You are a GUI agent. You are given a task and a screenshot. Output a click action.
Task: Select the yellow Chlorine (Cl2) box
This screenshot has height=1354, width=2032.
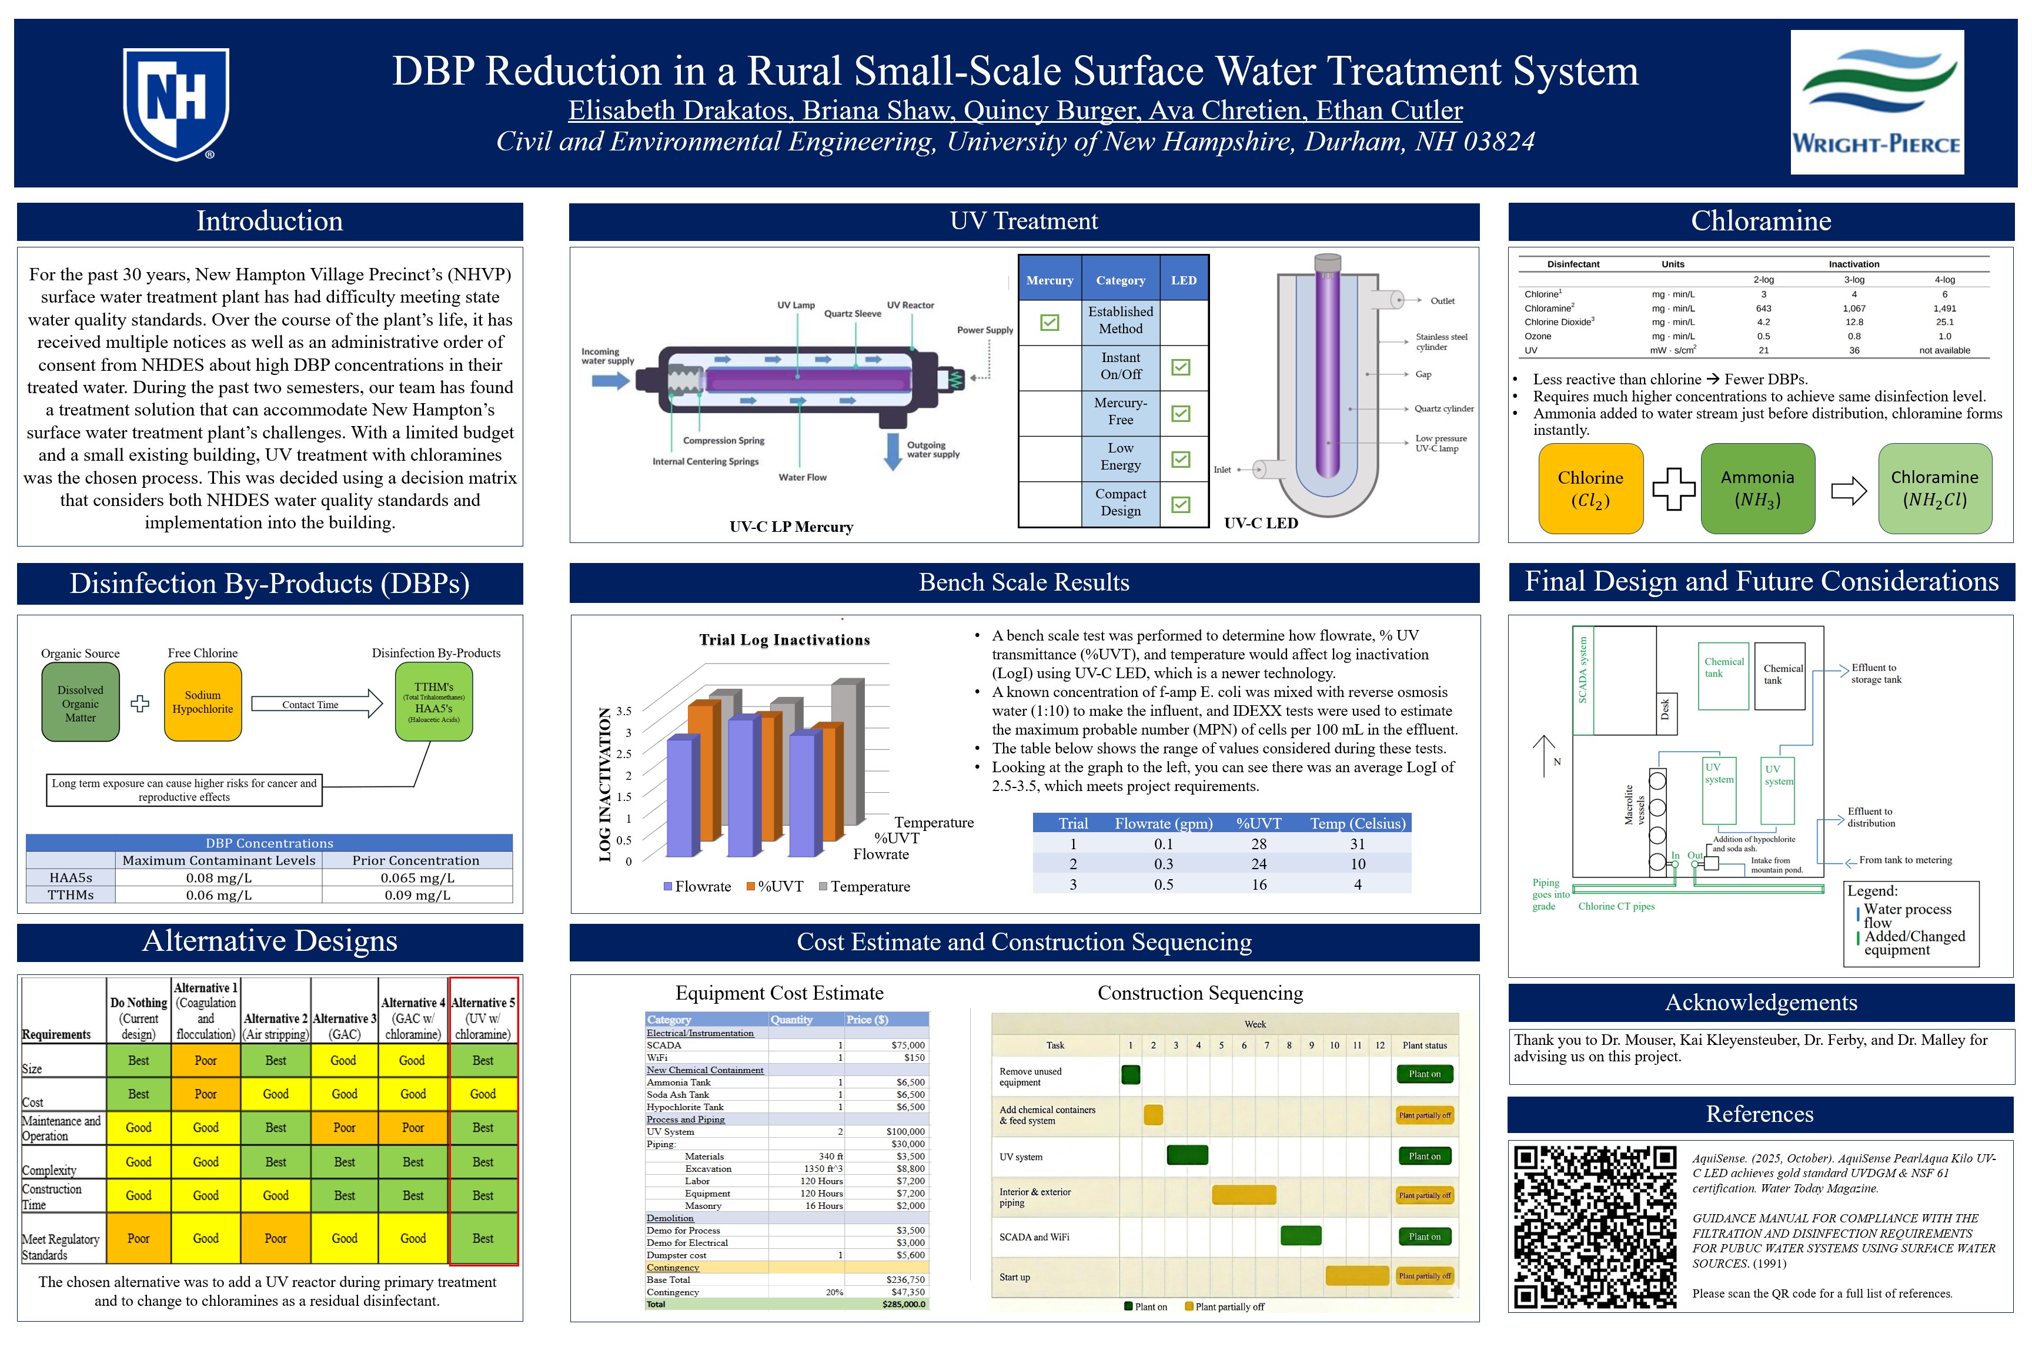point(1590,489)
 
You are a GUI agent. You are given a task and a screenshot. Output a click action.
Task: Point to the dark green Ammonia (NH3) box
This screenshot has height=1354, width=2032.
point(1757,489)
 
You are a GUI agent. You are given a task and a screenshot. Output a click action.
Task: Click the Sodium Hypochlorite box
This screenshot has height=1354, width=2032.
point(202,702)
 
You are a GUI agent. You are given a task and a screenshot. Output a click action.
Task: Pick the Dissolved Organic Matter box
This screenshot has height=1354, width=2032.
point(81,703)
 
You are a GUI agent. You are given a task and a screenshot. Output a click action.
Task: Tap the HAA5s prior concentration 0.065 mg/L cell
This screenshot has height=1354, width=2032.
point(416,877)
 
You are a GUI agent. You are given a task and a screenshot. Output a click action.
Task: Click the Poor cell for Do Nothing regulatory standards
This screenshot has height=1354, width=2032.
point(138,1238)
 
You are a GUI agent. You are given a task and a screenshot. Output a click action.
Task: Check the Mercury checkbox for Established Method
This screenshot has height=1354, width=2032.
point(1050,322)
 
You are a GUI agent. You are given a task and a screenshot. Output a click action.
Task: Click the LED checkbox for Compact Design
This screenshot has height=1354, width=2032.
point(1180,504)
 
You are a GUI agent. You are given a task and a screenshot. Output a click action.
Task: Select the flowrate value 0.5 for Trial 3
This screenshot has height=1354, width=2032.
point(1163,884)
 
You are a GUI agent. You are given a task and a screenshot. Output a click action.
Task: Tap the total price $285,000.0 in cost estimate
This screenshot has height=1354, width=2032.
point(903,1304)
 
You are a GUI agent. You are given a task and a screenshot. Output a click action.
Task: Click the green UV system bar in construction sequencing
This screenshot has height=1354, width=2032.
point(1187,1155)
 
